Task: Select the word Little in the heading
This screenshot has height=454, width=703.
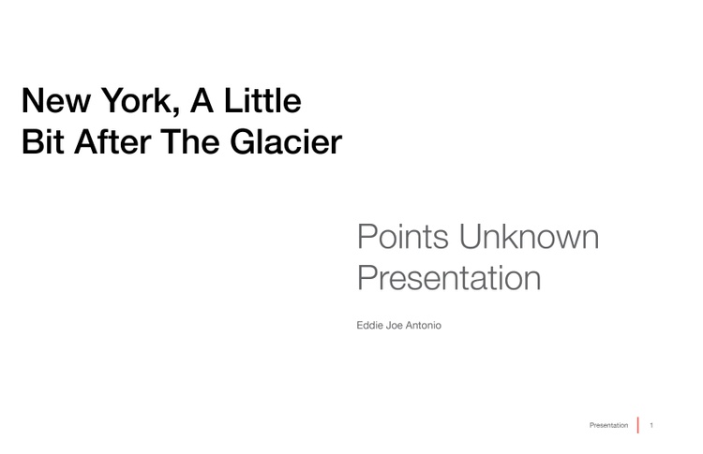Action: (262, 100)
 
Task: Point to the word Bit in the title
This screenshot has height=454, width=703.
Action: (42, 141)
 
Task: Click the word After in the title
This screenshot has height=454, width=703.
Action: (112, 141)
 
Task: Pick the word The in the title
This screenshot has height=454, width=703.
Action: (189, 141)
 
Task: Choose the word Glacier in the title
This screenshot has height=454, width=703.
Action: (286, 141)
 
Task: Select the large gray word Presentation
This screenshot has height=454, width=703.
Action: (449, 278)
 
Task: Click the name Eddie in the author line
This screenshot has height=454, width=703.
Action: (370, 326)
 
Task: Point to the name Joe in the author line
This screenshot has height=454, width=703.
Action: (395, 326)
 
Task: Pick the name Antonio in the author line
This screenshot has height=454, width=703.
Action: (424, 326)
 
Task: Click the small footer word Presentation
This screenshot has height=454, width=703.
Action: (609, 425)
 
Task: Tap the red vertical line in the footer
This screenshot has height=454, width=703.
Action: (638, 425)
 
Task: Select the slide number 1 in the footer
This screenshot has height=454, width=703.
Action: (651, 425)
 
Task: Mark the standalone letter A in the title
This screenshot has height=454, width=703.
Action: (202, 100)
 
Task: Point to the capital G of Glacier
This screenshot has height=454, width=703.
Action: (243, 141)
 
